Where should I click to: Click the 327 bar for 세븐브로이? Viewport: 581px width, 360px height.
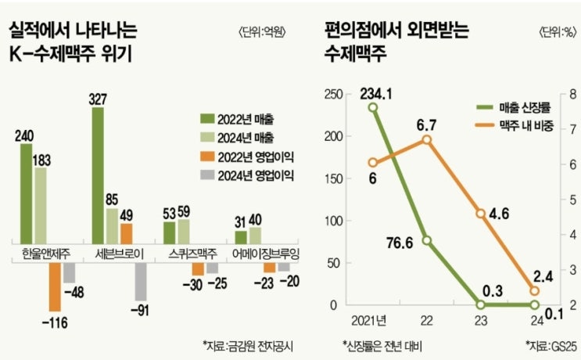[x=99, y=175]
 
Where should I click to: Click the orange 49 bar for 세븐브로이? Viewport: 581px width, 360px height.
[x=126, y=232]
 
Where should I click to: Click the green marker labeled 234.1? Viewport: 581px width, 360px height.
[x=373, y=107]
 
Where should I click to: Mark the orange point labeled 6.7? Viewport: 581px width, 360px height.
[x=427, y=139]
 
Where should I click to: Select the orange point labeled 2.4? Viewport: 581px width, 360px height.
[x=535, y=290]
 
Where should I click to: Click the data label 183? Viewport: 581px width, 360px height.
[x=42, y=160]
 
